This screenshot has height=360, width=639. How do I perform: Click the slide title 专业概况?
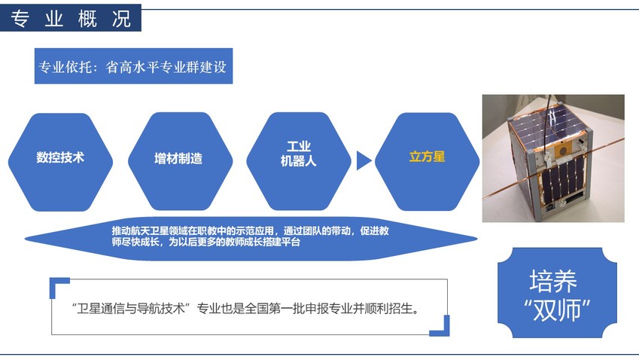[71, 18]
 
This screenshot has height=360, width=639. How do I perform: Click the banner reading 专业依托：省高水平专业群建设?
[133, 66]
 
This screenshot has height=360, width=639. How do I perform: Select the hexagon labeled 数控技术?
[60, 162]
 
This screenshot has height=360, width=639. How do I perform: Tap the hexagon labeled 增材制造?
[180, 161]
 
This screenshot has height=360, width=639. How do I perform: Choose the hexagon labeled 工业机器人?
[299, 161]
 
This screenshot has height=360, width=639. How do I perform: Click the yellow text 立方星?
[427, 157]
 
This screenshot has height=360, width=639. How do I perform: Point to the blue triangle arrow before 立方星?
[363, 160]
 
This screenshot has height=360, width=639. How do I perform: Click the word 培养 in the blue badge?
[553, 281]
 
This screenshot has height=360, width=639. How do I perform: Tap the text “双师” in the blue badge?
[557, 310]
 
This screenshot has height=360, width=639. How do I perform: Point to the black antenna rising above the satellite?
[550, 107]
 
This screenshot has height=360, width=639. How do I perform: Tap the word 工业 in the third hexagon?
[299, 146]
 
